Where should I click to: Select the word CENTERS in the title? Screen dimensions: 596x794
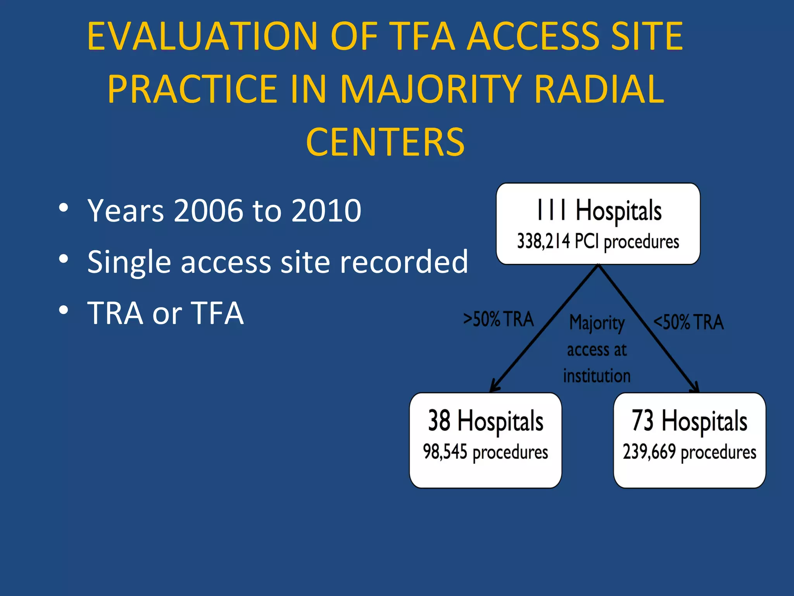coord(385,142)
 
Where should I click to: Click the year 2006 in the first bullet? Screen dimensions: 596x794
coord(209,211)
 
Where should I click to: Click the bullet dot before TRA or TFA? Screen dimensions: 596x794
coord(64,310)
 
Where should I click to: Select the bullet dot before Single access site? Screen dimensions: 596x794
coord(64,259)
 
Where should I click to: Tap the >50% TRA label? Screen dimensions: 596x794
coord(499,319)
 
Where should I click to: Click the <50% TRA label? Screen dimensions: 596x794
coord(689,322)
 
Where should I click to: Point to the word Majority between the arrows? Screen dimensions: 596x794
coord(597,323)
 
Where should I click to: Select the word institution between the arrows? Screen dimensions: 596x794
coord(597,376)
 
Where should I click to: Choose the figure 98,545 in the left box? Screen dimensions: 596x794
coord(445,452)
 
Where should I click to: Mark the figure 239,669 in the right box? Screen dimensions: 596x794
coord(649,452)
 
